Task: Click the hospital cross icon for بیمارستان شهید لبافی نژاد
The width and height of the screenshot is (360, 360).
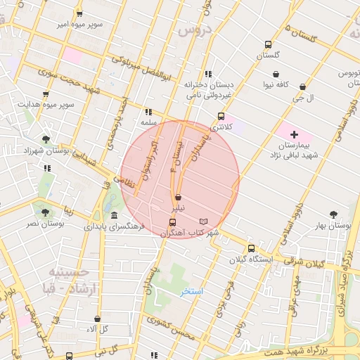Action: pos(294,134)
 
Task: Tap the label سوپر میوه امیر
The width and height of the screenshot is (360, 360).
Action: pos(80,25)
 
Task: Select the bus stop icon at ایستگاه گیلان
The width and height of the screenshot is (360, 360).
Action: pos(251,248)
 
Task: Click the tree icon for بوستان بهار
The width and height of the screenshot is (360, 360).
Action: pos(333,214)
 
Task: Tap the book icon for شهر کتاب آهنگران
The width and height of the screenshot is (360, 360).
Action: pos(204,221)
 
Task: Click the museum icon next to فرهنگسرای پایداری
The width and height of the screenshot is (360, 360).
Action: pos(114,214)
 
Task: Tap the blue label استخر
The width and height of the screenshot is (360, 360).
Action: pos(190,291)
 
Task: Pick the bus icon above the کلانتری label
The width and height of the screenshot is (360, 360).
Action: pos(221,116)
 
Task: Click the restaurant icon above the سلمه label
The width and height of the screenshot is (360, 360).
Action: pos(148,112)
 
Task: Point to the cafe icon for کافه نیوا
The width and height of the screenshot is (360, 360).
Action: pos(276,74)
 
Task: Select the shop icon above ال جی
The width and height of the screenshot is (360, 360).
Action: pos(302,87)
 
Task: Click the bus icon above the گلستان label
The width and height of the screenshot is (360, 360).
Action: pos(267,44)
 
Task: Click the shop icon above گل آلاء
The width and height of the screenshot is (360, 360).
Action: pos(97,319)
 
